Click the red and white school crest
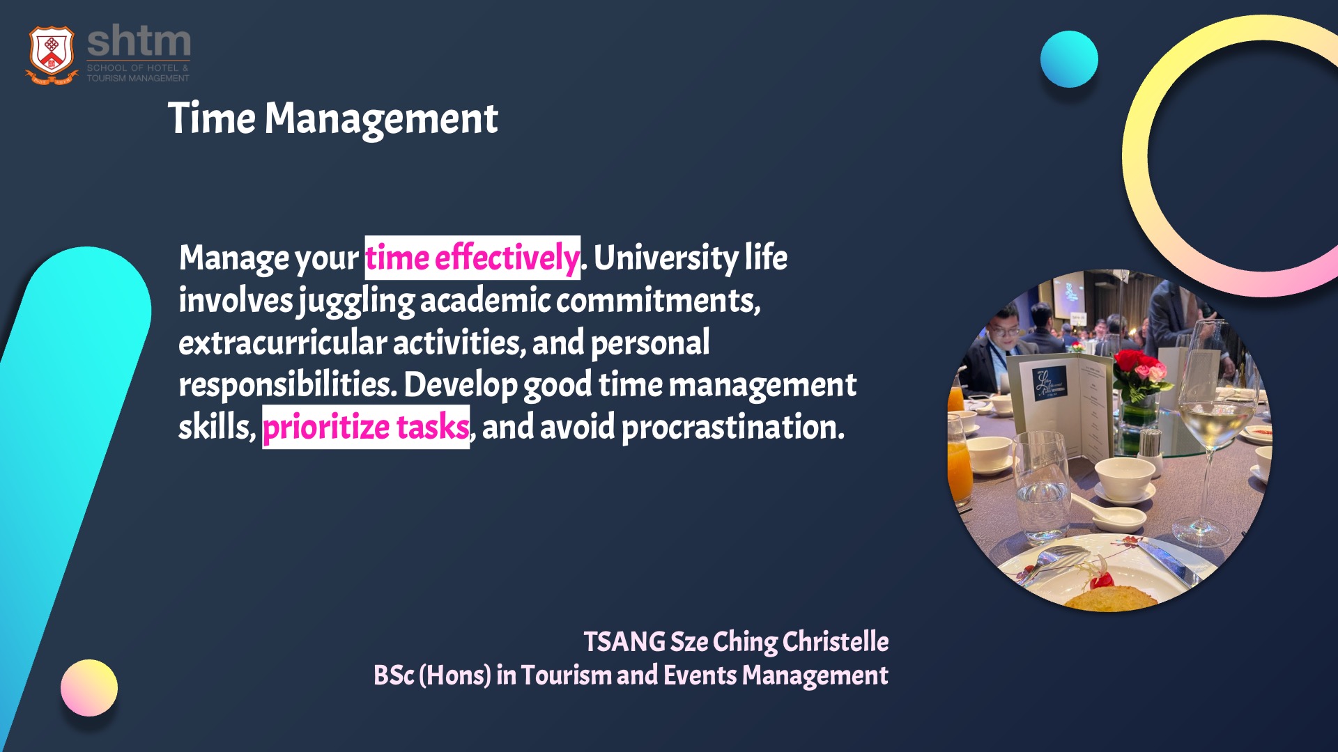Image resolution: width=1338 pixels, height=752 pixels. pyautogui.click(x=52, y=55)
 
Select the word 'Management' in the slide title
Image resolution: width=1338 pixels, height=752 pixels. pyautogui.click(x=381, y=118)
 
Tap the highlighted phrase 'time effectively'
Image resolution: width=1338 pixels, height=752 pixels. pyautogui.click(x=472, y=258)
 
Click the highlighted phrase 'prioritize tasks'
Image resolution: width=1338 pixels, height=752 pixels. pyautogui.click(x=366, y=427)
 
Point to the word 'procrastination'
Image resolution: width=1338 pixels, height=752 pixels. pyautogui.click(x=732, y=428)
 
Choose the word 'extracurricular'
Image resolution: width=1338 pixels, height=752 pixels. pyautogui.click(x=282, y=343)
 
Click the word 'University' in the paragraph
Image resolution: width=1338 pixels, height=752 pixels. pyautogui.click(x=666, y=258)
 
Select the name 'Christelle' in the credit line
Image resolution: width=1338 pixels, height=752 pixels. pyautogui.click(x=836, y=641)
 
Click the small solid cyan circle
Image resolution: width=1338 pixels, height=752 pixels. pyautogui.click(x=1069, y=59)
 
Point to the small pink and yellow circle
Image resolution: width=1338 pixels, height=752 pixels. pyautogui.click(x=89, y=688)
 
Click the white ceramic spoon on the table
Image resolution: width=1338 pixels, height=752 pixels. pyautogui.click(x=1108, y=512)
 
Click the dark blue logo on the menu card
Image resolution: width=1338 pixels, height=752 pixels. pyautogui.click(x=1049, y=383)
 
